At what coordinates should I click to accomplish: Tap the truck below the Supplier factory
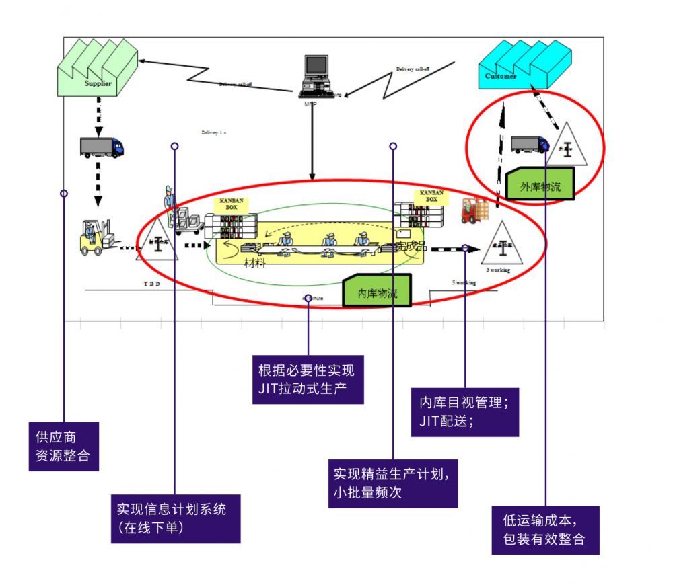pos(102,147)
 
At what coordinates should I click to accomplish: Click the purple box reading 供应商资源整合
pos(63,446)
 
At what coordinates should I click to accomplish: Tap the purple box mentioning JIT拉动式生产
pos(308,379)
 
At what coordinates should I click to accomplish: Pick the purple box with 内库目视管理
pos(464,412)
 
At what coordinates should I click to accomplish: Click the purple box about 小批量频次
pos(393,483)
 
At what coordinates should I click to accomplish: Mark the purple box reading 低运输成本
pos(544,530)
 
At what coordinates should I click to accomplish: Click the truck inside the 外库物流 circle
pos(529,144)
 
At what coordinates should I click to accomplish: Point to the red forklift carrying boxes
pos(475,211)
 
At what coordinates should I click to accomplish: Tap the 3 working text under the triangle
pos(498,270)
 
